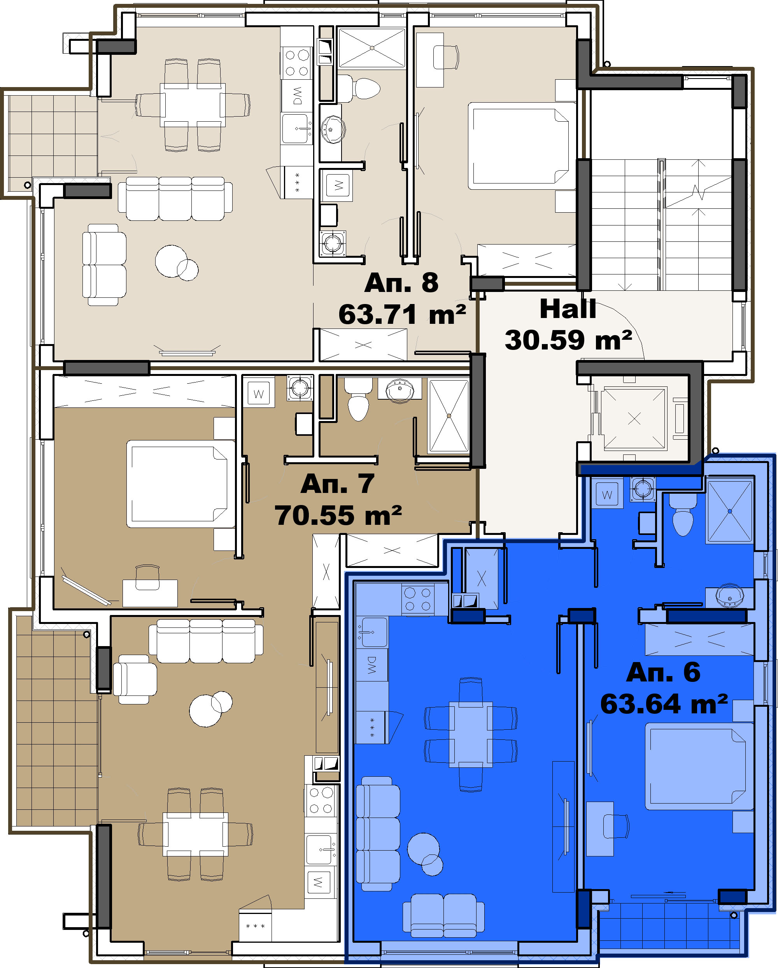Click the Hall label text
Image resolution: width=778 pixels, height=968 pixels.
(x=568, y=309)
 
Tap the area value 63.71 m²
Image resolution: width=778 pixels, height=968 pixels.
(x=402, y=314)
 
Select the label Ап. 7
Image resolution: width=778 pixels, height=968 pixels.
(x=337, y=484)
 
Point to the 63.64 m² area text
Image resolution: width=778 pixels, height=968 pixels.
(x=664, y=704)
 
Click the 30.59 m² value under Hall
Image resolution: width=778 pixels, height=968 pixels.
(x=568, y=340)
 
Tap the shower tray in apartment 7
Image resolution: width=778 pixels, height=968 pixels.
(x=449, y=415)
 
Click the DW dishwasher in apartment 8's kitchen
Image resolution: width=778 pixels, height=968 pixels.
(x=296, y=96)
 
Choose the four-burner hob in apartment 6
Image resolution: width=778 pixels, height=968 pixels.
(x=418, y=599)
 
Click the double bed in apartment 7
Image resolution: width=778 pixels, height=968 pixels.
(x=180, y=484)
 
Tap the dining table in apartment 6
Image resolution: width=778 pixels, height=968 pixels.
(x=471, y=734)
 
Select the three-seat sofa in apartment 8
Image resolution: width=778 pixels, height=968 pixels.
(x=175, y=198)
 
